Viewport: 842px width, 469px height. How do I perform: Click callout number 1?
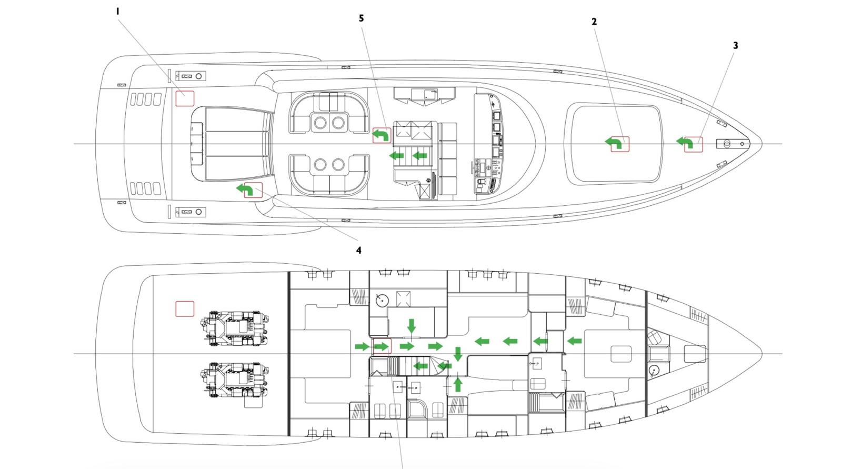click(118, 11)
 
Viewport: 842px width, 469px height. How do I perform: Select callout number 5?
click(361, 18)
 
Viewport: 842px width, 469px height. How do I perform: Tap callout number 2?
click(594, 22)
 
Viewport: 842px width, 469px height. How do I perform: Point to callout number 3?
click(735, 46)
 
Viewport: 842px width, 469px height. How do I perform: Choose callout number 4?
click(359, 251)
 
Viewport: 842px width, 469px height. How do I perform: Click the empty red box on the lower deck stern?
click(185, 308)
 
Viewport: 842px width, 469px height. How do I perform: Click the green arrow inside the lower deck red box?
click(382, 346)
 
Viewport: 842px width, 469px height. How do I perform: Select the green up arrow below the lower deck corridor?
click(458, 383)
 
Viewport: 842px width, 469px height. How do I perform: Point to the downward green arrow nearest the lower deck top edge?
click(412, 326)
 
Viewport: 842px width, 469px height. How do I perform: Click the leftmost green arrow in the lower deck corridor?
click(362, 346)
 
